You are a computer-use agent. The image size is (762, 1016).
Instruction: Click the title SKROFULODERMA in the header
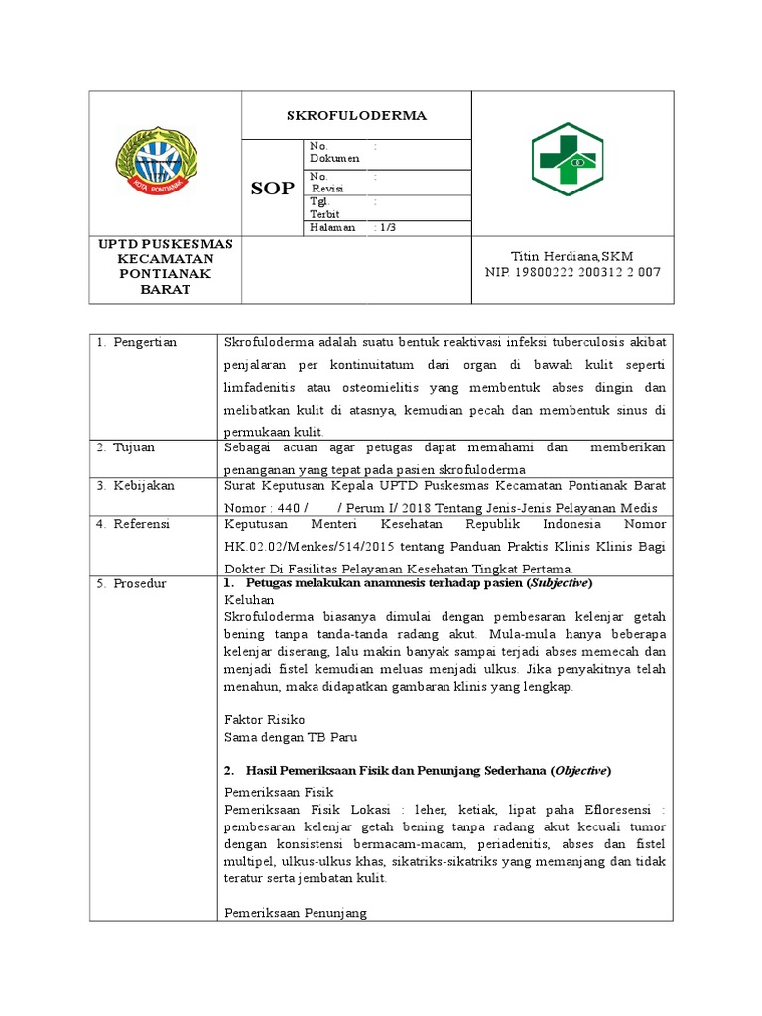[x=356, y=115]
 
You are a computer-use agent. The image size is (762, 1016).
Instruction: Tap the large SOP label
[x=271, y=189]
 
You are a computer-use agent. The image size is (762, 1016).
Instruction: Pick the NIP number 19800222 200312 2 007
[x=572, y=272]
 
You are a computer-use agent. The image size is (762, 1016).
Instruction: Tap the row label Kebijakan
[x=136, y=485]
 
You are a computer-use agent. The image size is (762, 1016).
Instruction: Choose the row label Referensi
[x=134, y=523]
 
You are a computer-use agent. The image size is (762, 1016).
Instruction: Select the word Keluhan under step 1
[x=247, y=600]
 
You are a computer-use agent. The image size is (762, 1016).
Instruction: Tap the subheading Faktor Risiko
[x=265, y=719]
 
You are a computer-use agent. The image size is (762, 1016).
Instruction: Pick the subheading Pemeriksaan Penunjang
[x=296, y=913]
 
